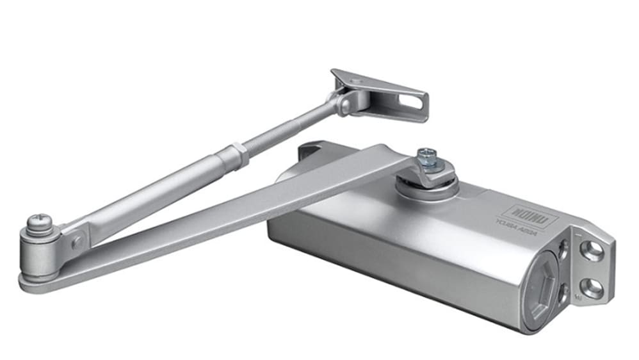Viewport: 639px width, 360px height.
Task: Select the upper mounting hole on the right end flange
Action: click(590, 250)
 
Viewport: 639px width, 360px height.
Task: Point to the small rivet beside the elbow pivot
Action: click(77, 241)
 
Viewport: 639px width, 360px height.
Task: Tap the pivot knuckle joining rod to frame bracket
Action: click(346, 101)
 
